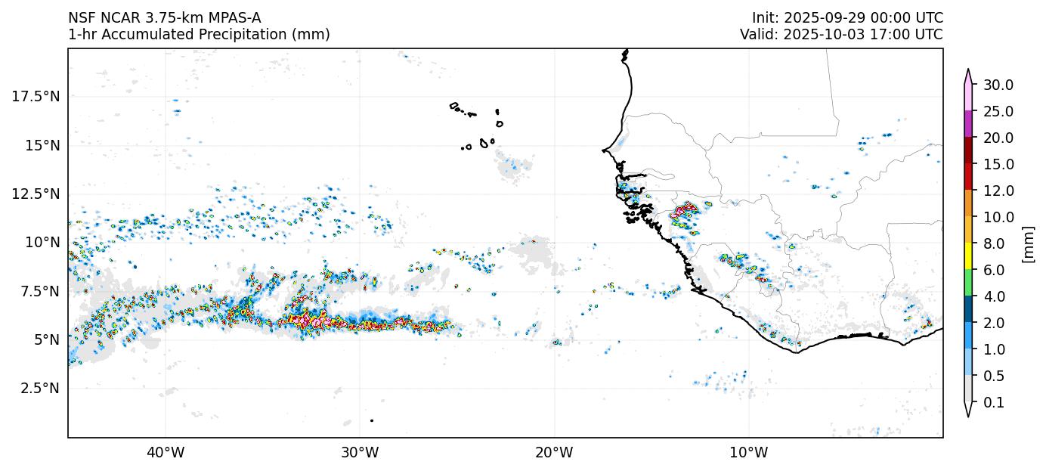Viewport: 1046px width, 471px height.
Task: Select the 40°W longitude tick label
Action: tap(165, 453)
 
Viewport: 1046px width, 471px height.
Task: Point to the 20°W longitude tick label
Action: tap(554, 453)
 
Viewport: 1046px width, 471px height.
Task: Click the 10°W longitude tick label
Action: tap(748, 453)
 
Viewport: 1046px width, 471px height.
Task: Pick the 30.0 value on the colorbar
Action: tap(998, 85)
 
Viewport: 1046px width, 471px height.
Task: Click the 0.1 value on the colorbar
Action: tap(994, 403)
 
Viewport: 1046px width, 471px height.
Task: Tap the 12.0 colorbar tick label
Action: tap(998, 191)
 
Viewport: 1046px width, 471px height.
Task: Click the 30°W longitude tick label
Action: tap(360, 453)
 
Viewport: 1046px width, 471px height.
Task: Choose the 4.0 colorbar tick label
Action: tap(994, 296)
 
